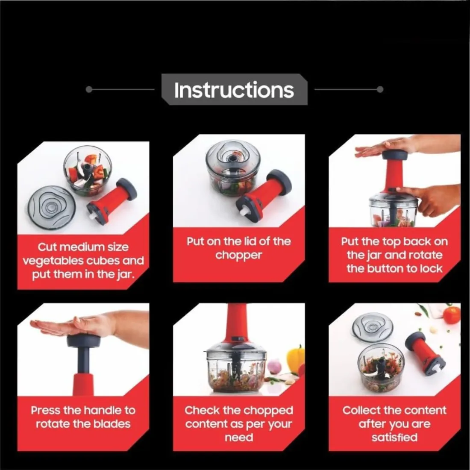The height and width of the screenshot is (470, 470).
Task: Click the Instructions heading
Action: coord(234,90)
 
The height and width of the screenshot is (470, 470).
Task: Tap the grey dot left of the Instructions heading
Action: coord(89,89)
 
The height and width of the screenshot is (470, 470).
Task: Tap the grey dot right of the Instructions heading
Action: coord(380,89)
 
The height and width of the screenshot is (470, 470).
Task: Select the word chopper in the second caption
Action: coord(238,256)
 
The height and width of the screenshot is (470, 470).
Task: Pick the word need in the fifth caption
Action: coord(239,438)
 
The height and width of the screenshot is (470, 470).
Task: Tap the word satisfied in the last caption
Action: coord(394,438)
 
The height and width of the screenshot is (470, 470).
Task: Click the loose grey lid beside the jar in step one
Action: coord(52,207)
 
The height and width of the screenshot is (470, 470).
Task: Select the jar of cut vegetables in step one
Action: coord(87,171)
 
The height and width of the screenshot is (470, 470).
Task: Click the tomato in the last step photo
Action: coord(452,315)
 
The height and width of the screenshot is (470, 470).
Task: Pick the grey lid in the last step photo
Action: coord(373,329)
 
